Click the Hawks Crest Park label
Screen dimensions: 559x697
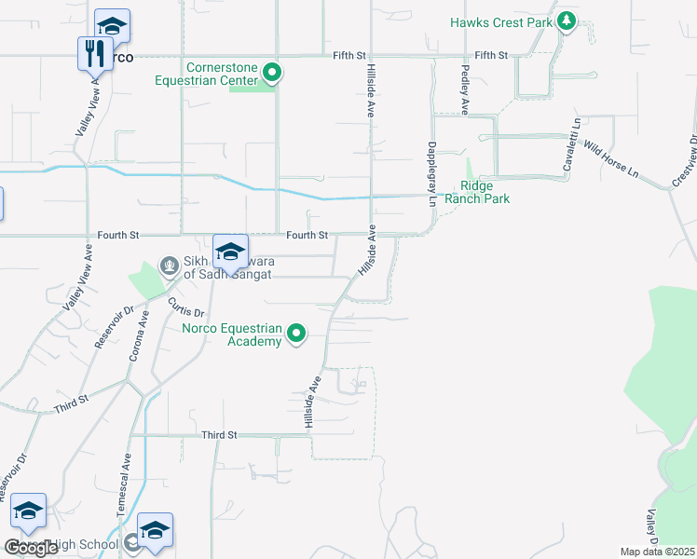(500, 21)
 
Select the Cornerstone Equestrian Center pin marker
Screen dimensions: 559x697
(272, 72)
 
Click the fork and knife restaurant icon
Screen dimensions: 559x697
(93, 52)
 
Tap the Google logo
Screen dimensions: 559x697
(31, 548)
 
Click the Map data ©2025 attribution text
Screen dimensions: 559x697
(658, 552)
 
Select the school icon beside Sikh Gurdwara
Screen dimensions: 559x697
(230, 252)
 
